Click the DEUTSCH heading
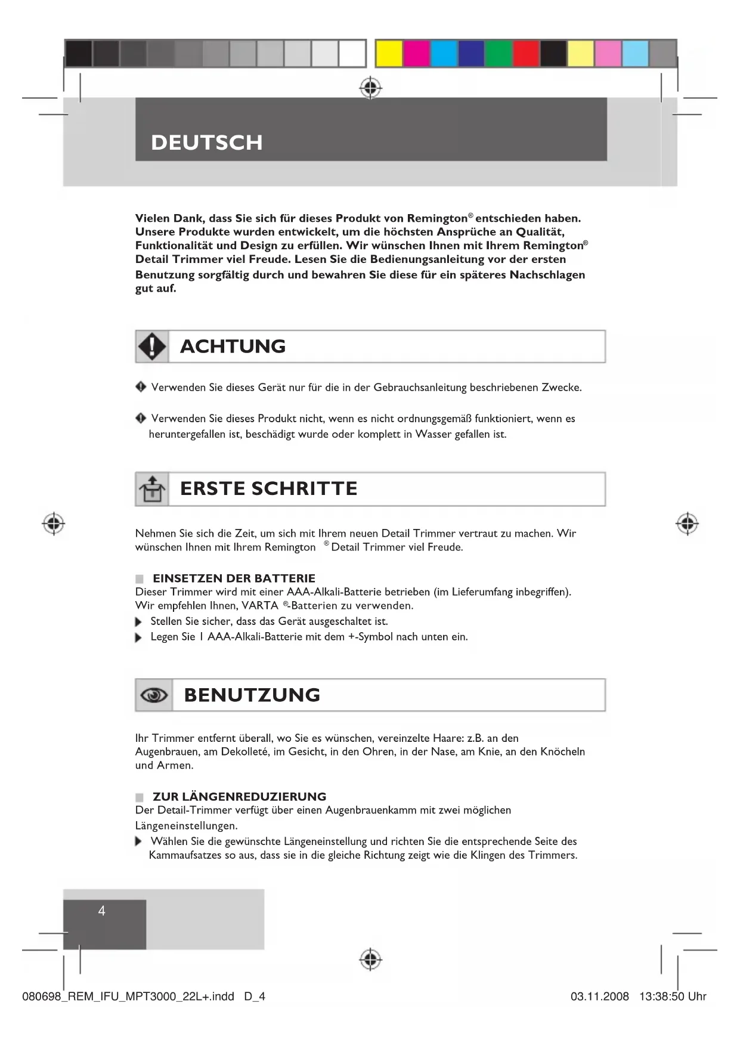[206, 143]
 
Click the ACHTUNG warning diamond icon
[153, 346]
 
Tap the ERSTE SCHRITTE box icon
[152, 489]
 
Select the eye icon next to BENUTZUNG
[154, 695]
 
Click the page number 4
[102, 911]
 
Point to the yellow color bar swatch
[389, 54]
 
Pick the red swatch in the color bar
[526, 54]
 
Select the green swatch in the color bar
[499, 54]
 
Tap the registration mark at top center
[370, 88]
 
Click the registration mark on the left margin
[54, 524]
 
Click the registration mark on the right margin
[687, 524]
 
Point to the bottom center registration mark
[370, 960]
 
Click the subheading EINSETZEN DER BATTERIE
[234, 578]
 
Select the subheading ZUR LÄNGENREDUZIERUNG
[239, 797]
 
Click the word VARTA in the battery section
[260, 606]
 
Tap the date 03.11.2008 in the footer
[600, 997]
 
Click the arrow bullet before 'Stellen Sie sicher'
[139, 622]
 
